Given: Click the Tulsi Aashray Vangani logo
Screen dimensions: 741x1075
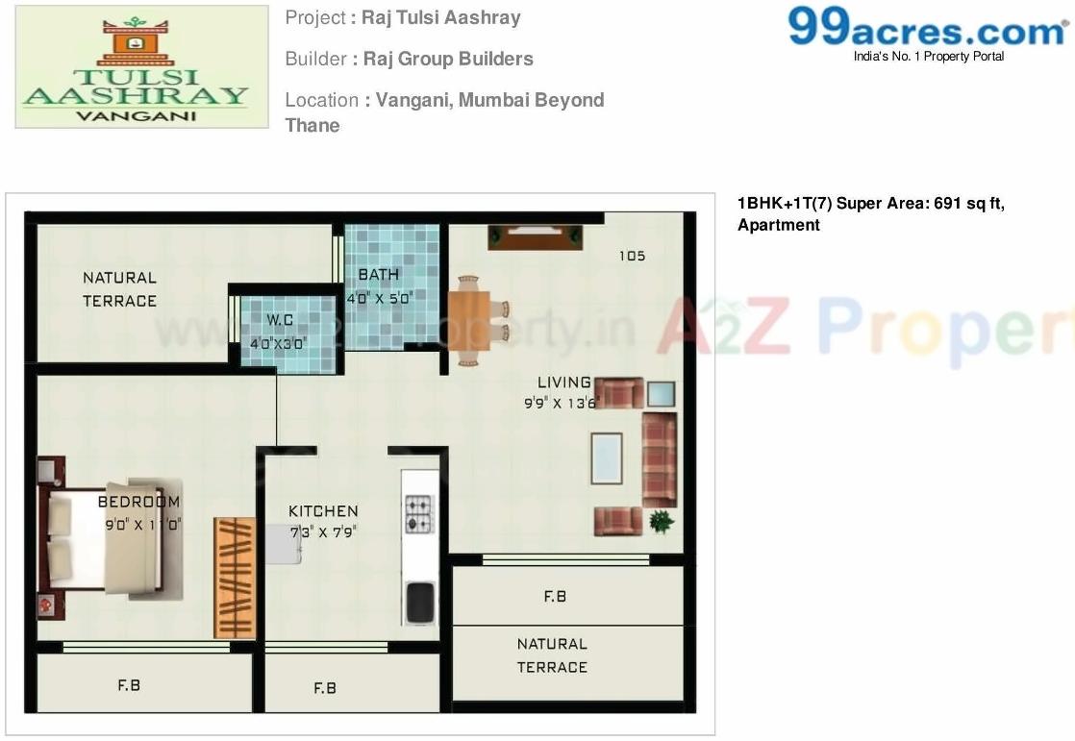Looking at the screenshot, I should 141,66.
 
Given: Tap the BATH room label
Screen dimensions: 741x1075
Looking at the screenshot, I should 378,275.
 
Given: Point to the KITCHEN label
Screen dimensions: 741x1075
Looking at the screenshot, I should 323,511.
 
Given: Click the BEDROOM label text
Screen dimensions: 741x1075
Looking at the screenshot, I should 138,502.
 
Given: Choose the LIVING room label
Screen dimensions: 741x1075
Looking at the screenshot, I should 563,383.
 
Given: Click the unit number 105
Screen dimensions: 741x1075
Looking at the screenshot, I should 632,256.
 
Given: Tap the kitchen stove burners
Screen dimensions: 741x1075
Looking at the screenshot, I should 419,514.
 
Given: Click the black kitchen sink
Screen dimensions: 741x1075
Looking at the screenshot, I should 420,603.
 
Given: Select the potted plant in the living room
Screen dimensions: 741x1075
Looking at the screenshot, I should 661,522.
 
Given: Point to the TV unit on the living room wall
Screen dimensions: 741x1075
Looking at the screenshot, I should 535,236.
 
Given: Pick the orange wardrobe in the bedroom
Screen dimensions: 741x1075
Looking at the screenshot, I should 235,578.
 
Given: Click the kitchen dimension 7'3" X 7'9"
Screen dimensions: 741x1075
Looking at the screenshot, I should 323,531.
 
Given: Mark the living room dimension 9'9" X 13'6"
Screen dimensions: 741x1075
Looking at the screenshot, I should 562,403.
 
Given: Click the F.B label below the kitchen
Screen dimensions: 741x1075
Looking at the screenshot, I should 325,688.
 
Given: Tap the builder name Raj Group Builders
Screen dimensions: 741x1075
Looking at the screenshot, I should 448,59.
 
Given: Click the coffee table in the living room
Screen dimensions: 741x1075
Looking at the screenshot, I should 606,458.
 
